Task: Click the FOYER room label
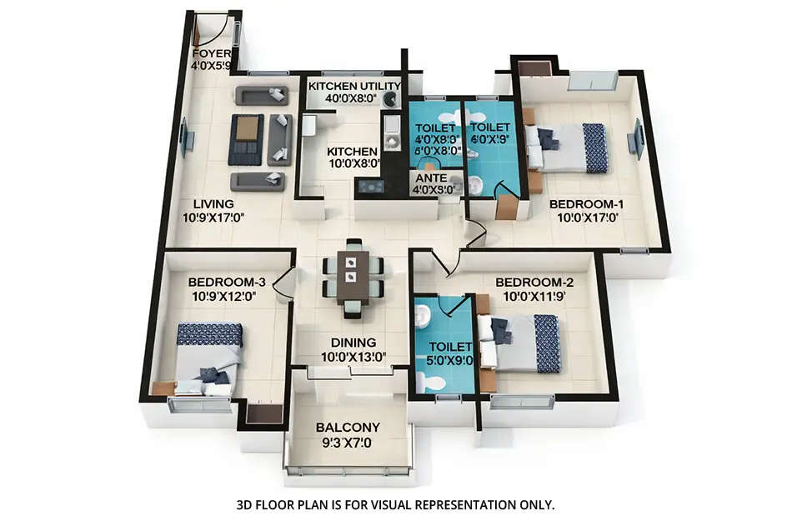pyautogui.click(x=210, y=53)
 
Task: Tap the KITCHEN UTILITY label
pyautogui.click(x=354, y=86)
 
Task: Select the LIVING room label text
pyautogui.click(x=213, y=203)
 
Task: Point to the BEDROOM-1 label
pyautogui.click(x=586, y=203)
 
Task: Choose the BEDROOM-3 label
pyautogui.click(x=227, y=282)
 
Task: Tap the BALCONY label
pyautogui.click(x=348, y=428)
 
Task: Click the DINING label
pyautogui.click(x=353, y=342)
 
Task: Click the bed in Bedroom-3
pyautogui.click(x=208, y=358)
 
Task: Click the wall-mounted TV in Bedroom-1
pyautogui.click(x=638, y=139)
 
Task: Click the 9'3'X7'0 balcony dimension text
pyautogui.click(x=348, y=443)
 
